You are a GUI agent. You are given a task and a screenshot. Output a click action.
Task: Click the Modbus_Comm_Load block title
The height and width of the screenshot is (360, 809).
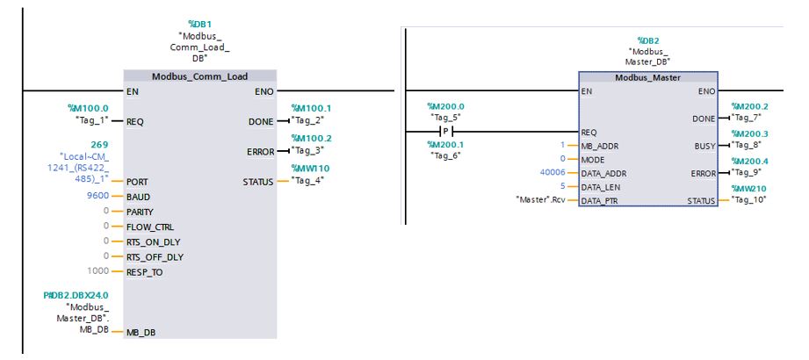point(200,77)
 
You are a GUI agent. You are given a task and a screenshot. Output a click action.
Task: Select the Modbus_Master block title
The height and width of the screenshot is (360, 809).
point(648,77)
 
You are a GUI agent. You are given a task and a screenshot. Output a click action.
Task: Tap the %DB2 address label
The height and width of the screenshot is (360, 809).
point(648,40)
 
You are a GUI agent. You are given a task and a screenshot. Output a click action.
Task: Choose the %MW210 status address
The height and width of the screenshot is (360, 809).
point(749,187)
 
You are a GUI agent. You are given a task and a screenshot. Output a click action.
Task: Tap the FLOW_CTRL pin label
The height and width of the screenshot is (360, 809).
point(151,226)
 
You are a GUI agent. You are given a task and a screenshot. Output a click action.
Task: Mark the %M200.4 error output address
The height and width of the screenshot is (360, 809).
point(749,161)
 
